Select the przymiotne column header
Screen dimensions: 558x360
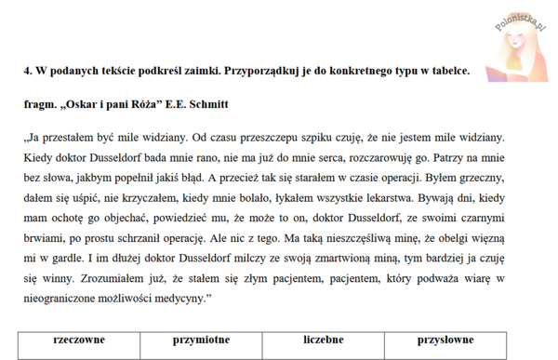coord(203,340)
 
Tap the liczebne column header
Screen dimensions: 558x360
coord(323,340)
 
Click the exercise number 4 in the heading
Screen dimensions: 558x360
coord(28,70)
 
